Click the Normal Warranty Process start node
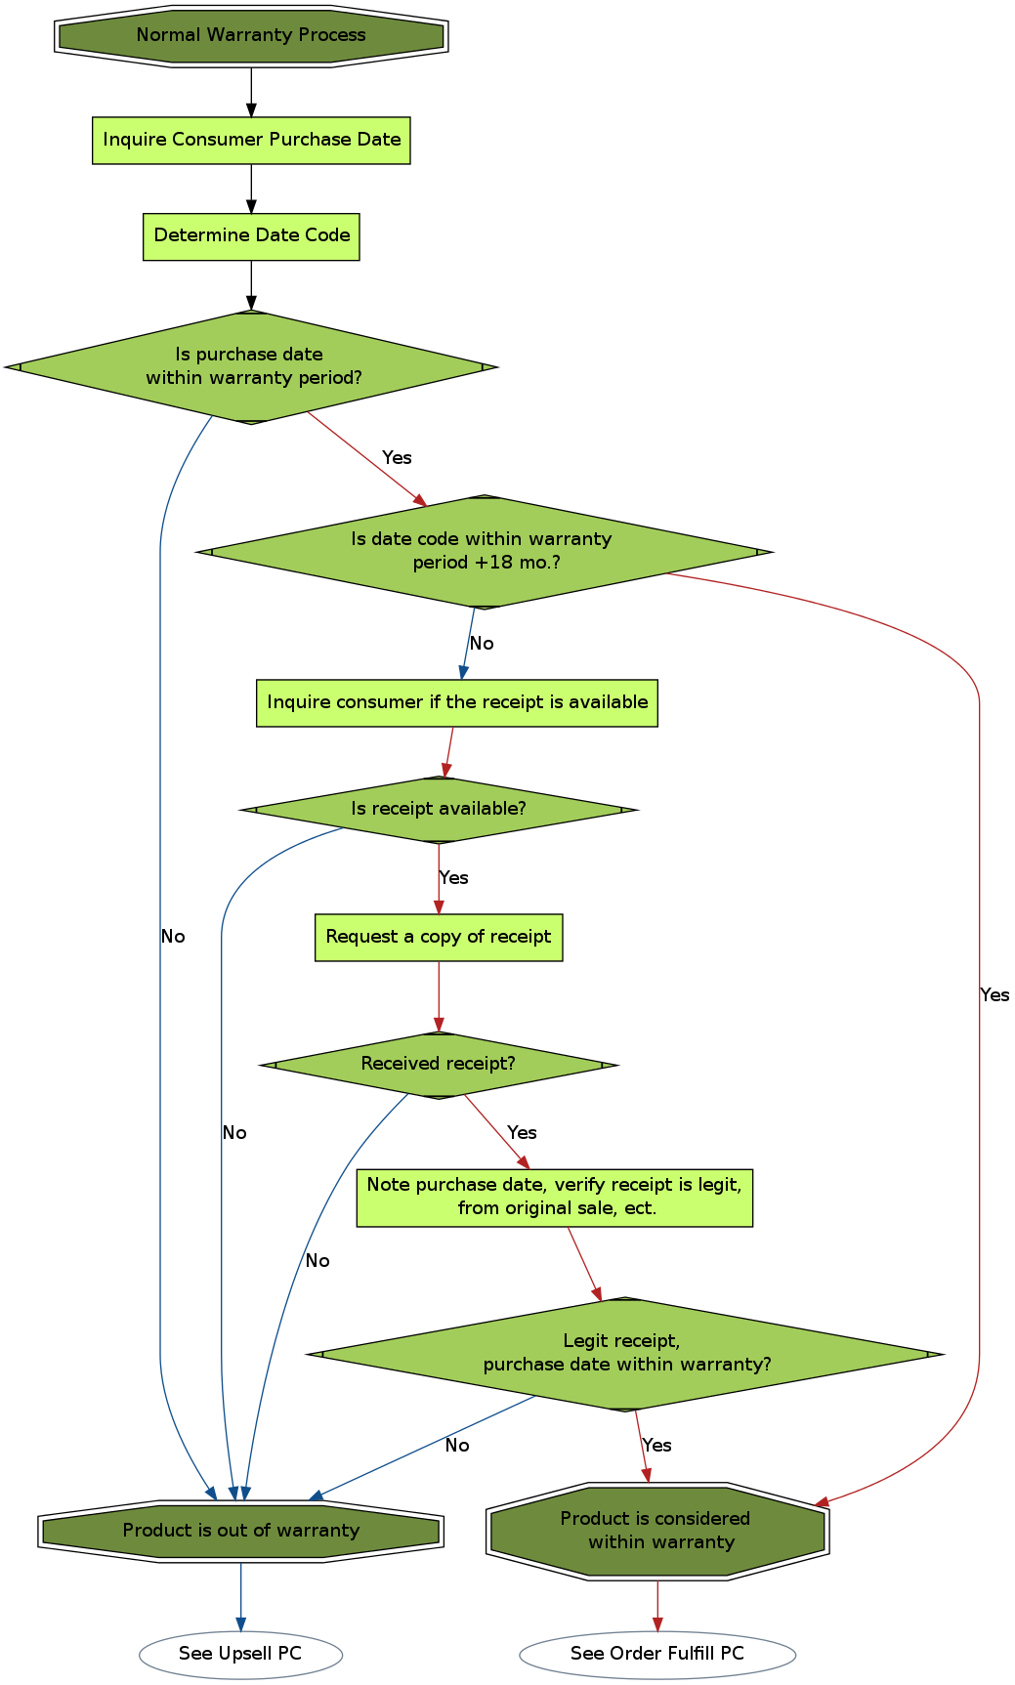coord(251,36)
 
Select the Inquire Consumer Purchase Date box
coord(251,141)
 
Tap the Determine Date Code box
coord(251,236)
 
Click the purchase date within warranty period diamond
coord(251,367)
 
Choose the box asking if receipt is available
coord(456,703)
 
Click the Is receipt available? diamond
coord(439,810)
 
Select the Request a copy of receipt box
coord(439,938)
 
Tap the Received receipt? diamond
coord(439,1065)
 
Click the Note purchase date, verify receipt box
coord(554,1198)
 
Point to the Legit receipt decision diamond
coord(625,1354)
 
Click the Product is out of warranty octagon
coord(241,1532)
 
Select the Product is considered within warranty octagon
coord(657,1532)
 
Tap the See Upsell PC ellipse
coord(240,1655)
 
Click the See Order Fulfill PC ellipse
coord(657,1655)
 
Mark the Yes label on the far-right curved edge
coord(994,995)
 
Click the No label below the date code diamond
coord(482,644)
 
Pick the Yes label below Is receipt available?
coord(454,878)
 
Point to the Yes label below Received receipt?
coord(522,1133)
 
